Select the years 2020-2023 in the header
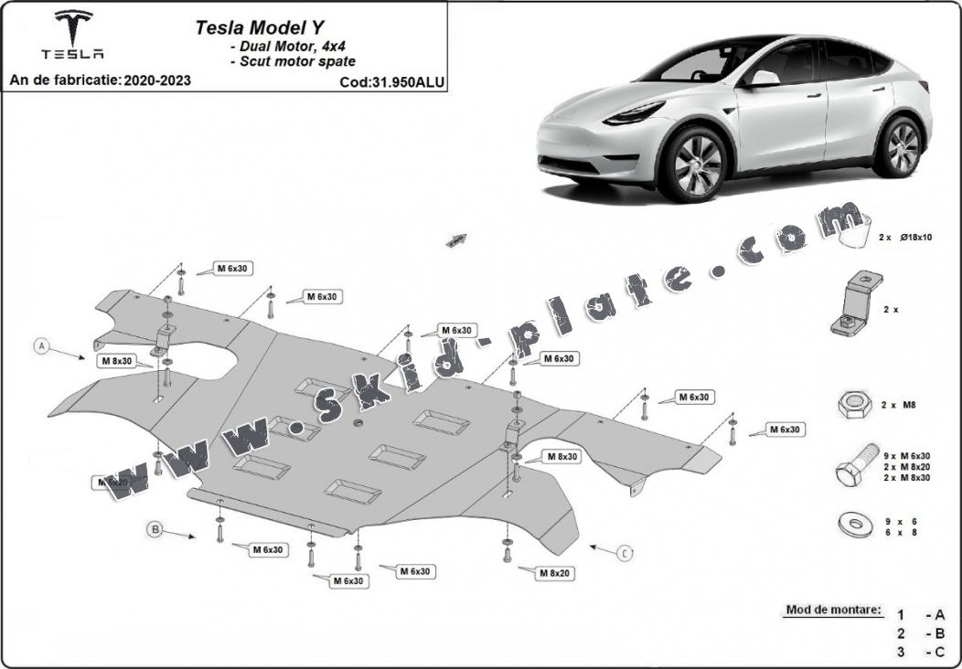coord(158,80)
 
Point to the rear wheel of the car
coord(902,146)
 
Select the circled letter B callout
coord(155,528)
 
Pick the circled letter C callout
coord(625,553)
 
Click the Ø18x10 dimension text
coord(916,237)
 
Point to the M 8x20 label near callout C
coord(554,572)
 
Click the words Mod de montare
coord(833,609)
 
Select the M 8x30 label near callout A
coord(117,361)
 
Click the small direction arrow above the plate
coord(455,239)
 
